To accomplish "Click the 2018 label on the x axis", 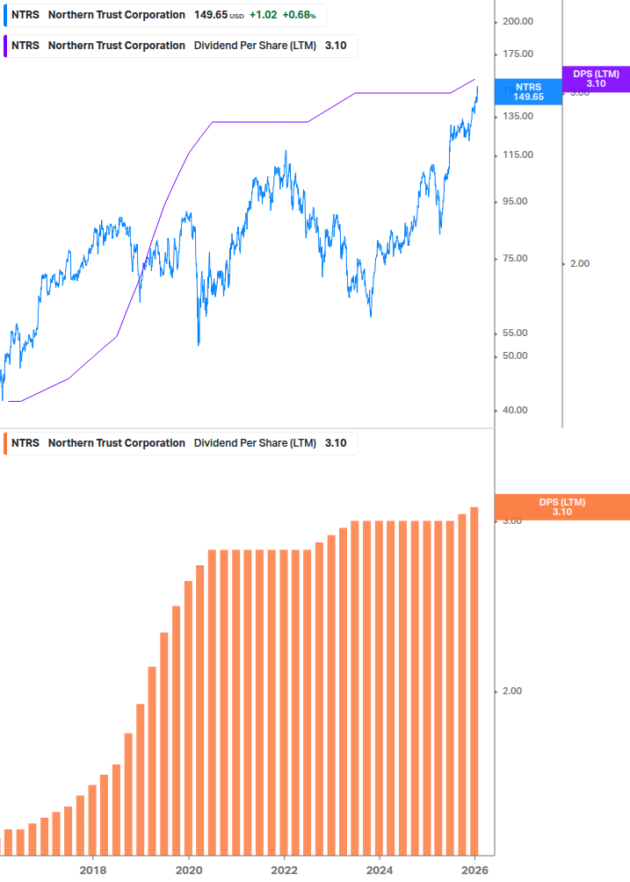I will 93,870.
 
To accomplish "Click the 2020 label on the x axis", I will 189,870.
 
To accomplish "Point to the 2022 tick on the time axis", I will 284,870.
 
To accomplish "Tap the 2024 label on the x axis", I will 379,870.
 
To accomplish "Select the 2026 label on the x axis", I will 474,870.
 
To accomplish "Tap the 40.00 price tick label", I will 515,410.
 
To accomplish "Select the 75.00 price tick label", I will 515,259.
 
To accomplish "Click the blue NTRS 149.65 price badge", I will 528,92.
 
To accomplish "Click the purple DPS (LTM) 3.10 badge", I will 596,79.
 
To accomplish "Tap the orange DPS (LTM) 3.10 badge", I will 562,506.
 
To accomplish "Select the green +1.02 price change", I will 263,15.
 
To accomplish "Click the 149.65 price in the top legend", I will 211,15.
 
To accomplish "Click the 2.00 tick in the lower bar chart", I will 511,691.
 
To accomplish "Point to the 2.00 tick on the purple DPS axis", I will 580,263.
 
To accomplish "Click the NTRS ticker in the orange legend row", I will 25,443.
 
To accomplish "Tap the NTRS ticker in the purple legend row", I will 25,46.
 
